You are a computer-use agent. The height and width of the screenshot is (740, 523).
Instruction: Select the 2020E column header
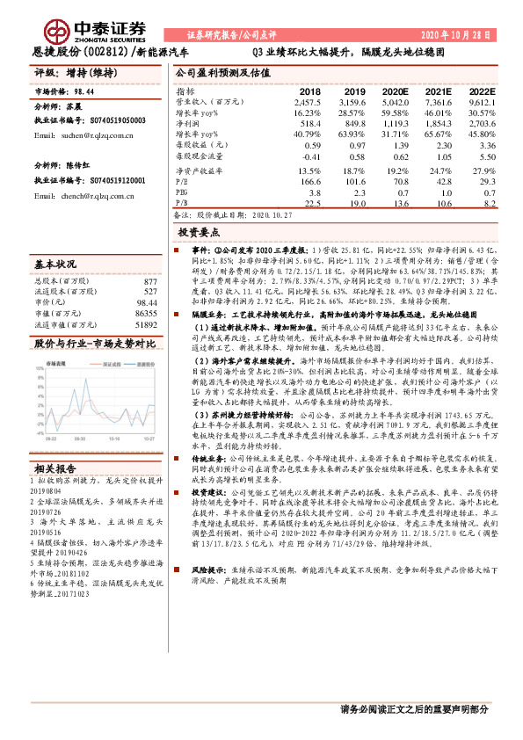coord(393,91)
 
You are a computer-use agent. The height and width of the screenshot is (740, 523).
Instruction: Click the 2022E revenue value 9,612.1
coord(477,102)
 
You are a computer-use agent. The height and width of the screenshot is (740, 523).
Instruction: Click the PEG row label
coord(182,191)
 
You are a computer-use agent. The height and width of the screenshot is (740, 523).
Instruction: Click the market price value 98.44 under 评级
coord(85,91)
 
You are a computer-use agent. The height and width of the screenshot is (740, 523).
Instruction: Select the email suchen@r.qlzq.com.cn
coord(76,137)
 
